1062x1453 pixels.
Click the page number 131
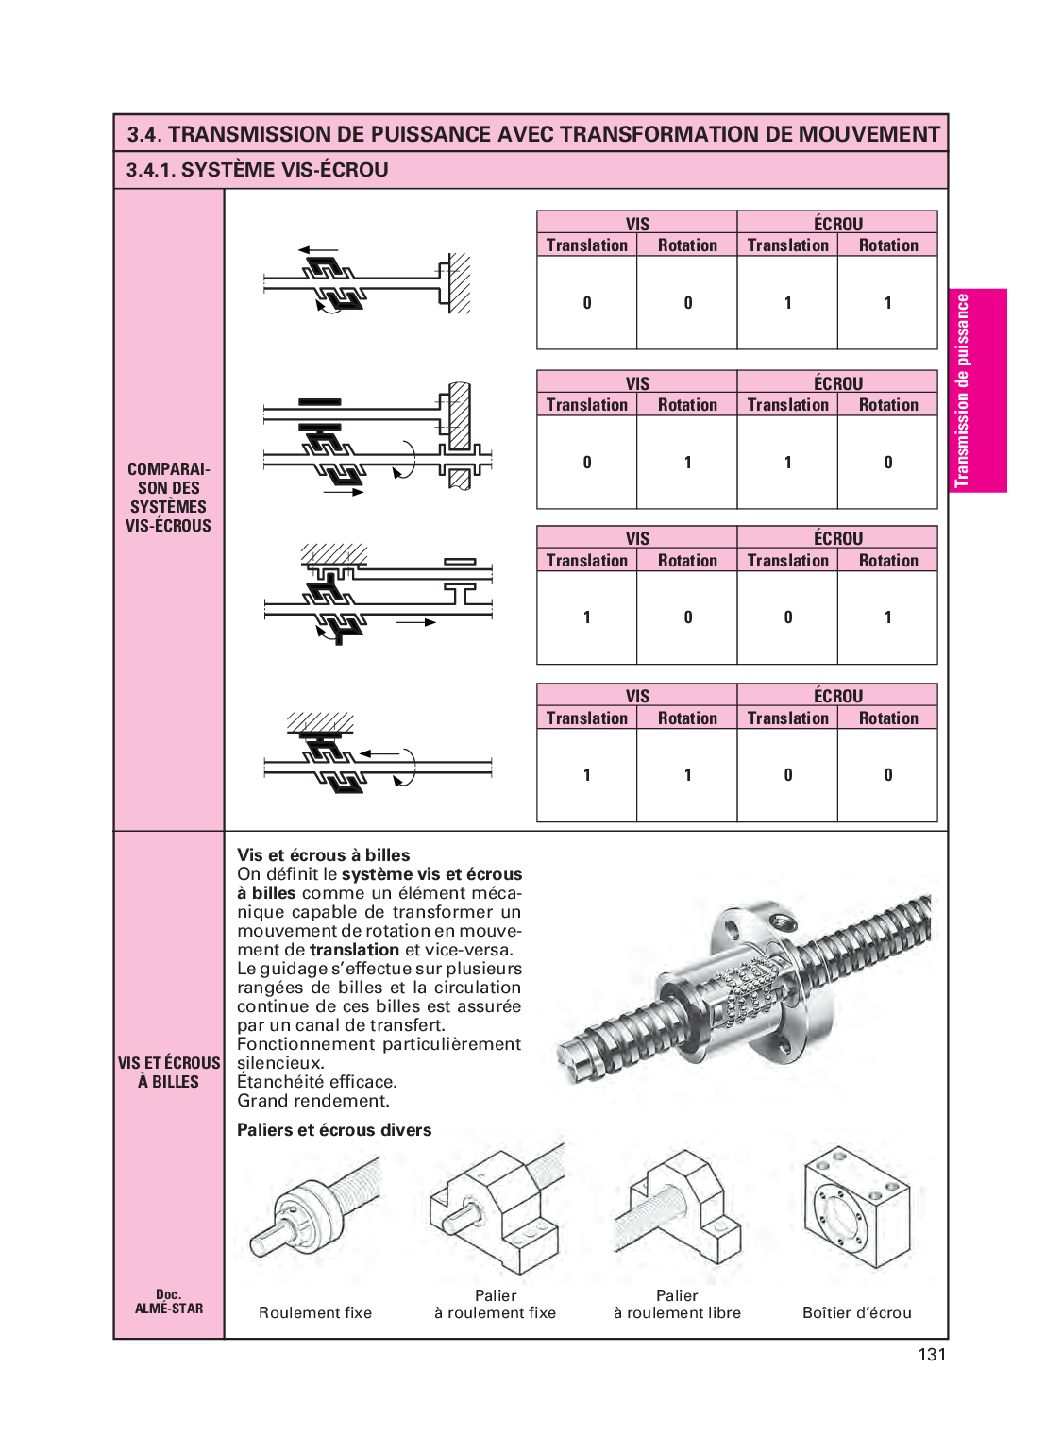click(x=931, y=1354)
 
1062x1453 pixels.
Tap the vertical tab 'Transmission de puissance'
click(x=977, y=390)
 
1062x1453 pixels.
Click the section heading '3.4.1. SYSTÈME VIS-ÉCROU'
click(x=258, y=170)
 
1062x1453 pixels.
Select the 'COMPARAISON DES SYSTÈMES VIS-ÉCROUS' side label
click(x=169, y=498)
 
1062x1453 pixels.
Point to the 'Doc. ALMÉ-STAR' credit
click(x=169, y=1301)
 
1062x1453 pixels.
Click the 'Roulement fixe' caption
click(x=315, y=1312)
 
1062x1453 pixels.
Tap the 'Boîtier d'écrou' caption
click(x=856, y=1312)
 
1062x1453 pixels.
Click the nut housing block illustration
click(x=856, y=1208)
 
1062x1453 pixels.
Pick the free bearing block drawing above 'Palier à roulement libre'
click(x=678, y=1213)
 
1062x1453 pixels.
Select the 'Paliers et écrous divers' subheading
click(x=334, y=1130)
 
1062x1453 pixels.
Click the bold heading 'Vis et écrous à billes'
click(x=324, y=854)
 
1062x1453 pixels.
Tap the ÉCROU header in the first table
click(x=837, y=224)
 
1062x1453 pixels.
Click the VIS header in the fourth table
click(x=637, y=696)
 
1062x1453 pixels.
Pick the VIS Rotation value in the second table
click(x=687, y=463)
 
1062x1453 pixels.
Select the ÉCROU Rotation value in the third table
click(x=887, y=617)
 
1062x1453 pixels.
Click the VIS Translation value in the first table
click(x=587, y=303)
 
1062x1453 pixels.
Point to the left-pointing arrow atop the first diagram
click(x=318, y=250)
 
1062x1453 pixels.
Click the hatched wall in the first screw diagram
click(x=459, y=282)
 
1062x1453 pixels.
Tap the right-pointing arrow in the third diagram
click(x=415, y=622)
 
